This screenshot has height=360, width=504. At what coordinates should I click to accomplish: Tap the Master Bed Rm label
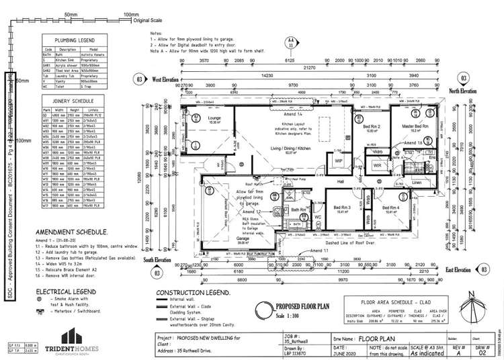click(x=416, y=127)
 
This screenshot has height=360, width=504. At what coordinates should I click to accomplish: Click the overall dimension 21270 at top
click(x=309, y=69)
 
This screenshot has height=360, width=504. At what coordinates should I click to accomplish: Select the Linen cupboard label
click(x=416, y=182)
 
